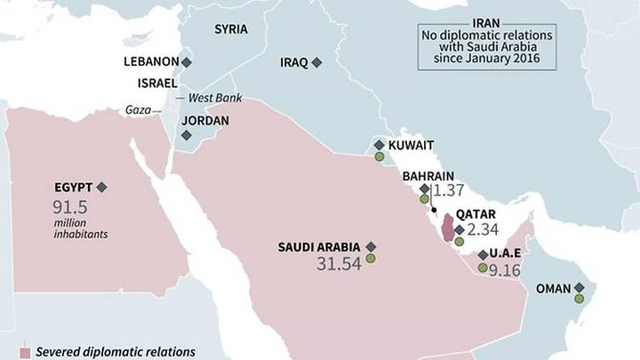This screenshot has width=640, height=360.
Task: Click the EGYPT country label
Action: point(74,187)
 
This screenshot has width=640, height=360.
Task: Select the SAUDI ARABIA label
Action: point(319,246)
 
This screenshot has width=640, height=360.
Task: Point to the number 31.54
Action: point(338,263)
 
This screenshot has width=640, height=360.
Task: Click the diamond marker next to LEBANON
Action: point(187,62)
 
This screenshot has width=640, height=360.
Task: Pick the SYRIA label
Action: point(231,29)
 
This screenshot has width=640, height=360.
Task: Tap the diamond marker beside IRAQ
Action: point(316,63)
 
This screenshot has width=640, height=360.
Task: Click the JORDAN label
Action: point(205,120)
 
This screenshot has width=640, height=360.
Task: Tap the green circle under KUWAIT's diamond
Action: point(380,157)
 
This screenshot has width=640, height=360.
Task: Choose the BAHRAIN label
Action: point(428,176)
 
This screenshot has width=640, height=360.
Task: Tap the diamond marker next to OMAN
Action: point(580,288)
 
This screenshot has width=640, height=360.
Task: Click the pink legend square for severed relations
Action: point(26,352)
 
